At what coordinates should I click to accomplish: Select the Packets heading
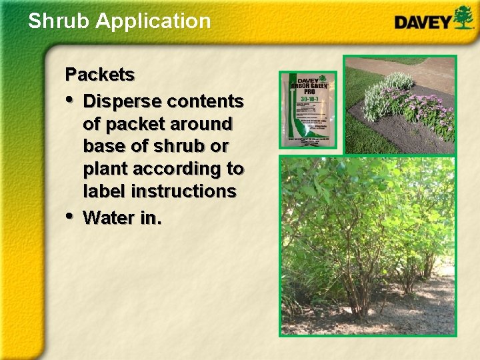(99, 75)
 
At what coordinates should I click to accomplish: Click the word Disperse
(123, 101)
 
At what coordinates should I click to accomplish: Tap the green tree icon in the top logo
(463, 17)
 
